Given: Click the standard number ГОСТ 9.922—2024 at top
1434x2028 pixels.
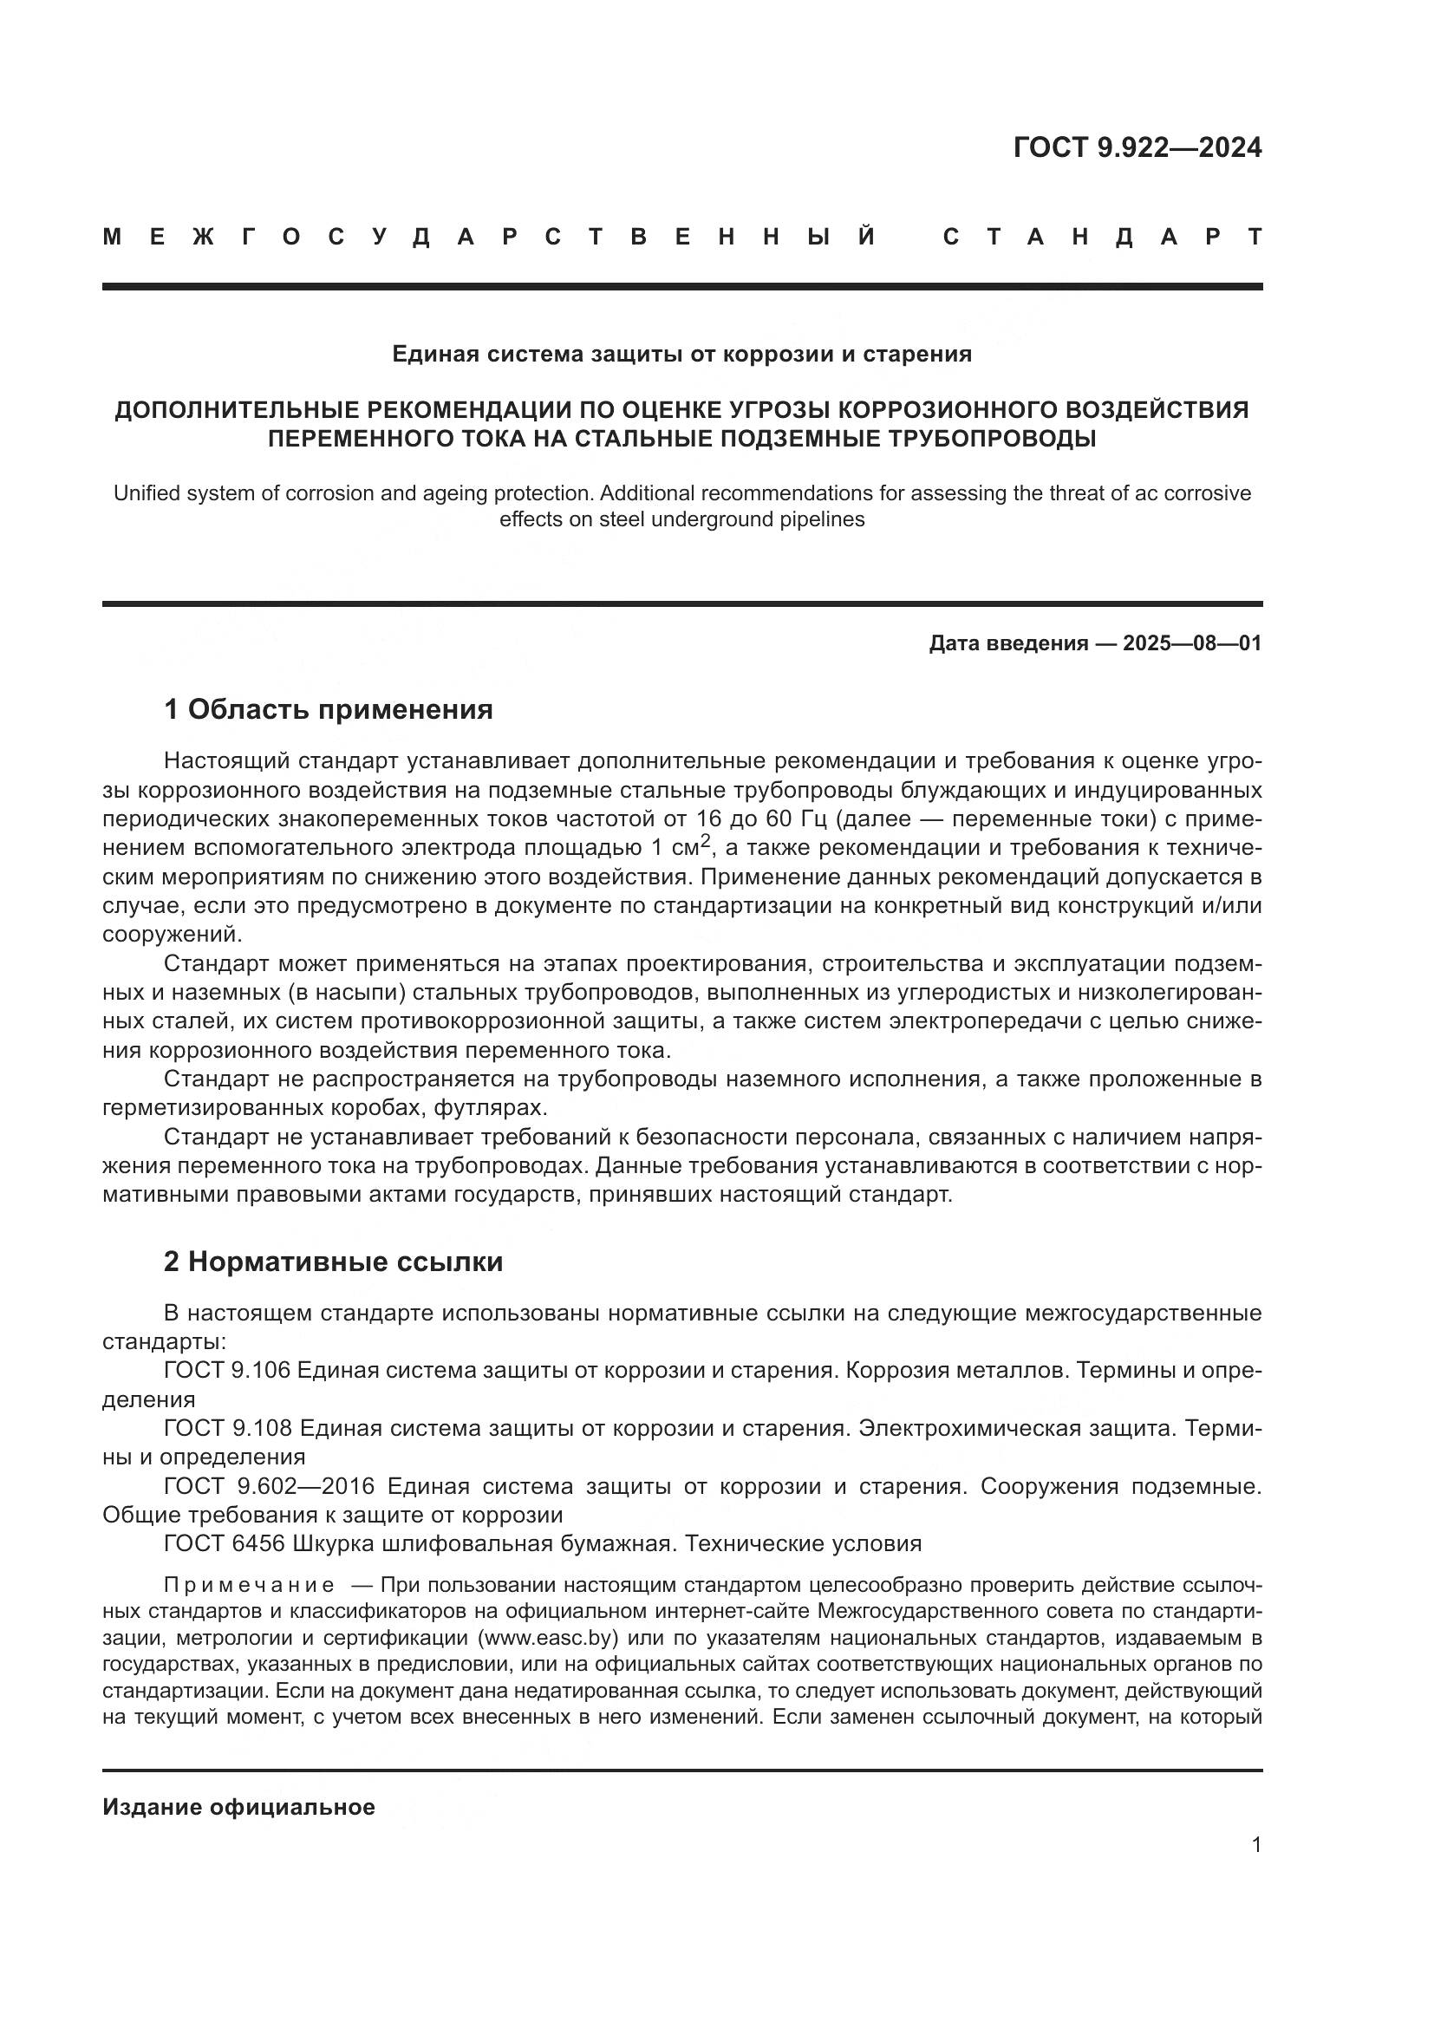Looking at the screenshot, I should click(x=1137, y=147).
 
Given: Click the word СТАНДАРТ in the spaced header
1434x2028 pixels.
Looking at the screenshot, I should click(x=1103, y=237).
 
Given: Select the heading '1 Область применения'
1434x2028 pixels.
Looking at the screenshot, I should click(x=329, y=709).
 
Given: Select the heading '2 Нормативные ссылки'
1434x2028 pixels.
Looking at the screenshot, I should click(x=333, y=1262).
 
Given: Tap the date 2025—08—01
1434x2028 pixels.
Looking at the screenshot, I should click(x=1192, y=643).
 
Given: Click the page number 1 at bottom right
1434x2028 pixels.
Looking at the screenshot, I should click(x=1256, y=1845).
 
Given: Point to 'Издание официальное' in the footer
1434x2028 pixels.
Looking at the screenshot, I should click(x=238, y=1807).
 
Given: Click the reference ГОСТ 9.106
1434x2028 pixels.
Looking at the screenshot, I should click(x=227, y=1371).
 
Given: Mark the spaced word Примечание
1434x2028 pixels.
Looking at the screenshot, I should click(x=249, y=1586).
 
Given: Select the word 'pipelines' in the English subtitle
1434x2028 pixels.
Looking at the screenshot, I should click(x=823, y=519).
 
